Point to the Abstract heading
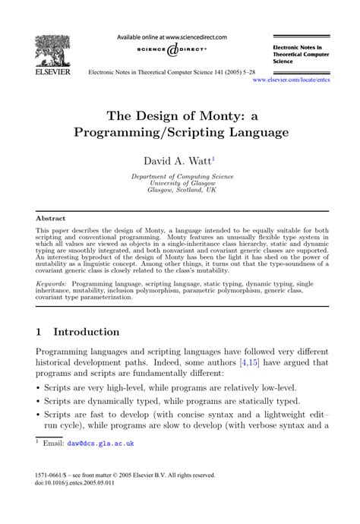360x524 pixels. (51, 218)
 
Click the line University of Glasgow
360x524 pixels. (180, 184)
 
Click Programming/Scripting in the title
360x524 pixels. (147, 132)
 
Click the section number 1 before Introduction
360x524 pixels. (41, 332)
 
